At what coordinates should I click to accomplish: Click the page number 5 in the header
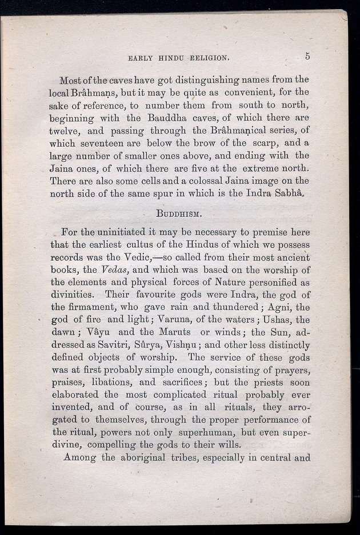pos(307,56)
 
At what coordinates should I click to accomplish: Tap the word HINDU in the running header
pos(170,58)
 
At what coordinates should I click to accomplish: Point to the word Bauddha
pos(167,118)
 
